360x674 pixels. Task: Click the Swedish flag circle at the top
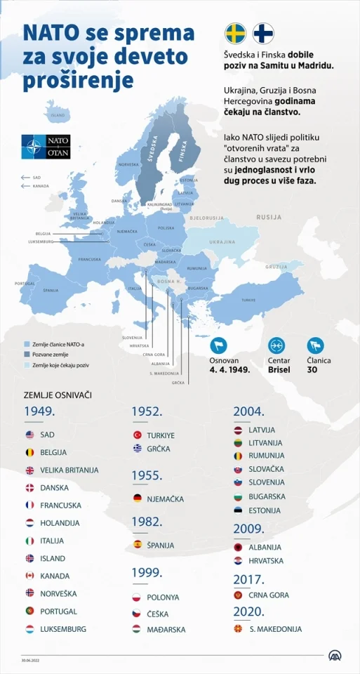[235, 34]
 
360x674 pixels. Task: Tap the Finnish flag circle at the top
[263, 34]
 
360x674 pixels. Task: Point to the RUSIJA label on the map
[269, 218]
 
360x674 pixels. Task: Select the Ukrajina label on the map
[221, 242]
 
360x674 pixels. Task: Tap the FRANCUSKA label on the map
[89, 259]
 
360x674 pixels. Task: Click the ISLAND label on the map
[58, 115]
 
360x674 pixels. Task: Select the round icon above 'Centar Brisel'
[276, 345]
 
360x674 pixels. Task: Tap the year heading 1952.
[147, 412]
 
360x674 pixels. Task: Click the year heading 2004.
[248, 411]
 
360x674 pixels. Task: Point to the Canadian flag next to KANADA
[29, 576]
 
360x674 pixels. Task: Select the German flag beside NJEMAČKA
[138, 498]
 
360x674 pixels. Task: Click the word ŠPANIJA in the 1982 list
[161, 545]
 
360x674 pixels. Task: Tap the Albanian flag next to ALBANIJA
[238, 547]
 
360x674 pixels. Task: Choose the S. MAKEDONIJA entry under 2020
[275, 629]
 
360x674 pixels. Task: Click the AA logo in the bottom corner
[335, 655]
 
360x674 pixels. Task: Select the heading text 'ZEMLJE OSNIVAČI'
[58, 395]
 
